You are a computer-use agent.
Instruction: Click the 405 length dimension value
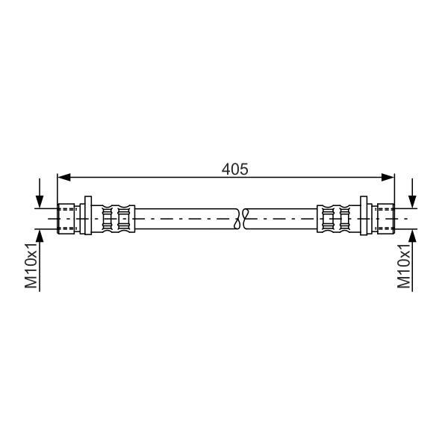[234, 169]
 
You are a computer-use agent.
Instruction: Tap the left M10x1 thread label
[31, 265]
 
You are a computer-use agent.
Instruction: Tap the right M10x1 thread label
[404, 265]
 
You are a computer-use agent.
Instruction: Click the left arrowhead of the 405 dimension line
[63, 177]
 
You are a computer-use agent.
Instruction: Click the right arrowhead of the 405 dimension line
[388, 177]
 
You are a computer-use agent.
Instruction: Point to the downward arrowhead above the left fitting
[40, 202]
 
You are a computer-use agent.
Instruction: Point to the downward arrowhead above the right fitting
[412, 202]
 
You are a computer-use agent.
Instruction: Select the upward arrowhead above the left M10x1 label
[40, 236]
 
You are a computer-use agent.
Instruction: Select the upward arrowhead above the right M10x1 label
[412, 236]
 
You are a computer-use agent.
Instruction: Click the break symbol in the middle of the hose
[240, 219]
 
